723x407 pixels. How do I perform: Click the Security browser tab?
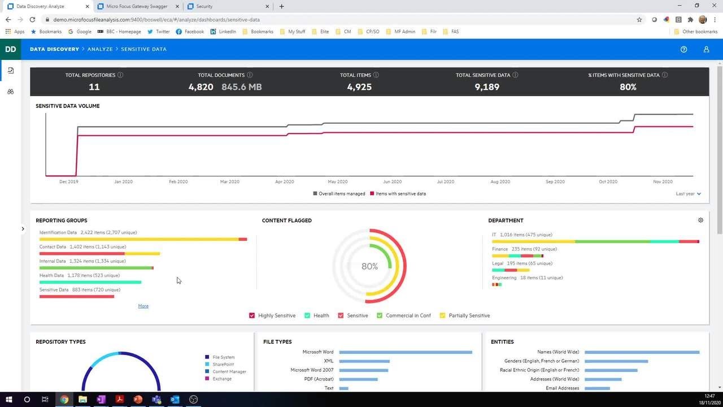click(x=204, y=6)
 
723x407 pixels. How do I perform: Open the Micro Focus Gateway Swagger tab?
click(x=132, y=6)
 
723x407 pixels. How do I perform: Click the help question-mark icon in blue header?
click(x=683, y=49)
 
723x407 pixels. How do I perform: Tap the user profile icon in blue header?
click(x=706, y=49)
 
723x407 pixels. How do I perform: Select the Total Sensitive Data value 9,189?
click(x=486, y=87)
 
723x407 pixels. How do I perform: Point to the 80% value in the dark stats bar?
click(x=628, y=87)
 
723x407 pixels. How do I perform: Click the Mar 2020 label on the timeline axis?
click(x=230, y=182)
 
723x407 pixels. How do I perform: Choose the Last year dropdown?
click(x=688, y=194)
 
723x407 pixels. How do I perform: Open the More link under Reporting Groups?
click(x=143, y=306)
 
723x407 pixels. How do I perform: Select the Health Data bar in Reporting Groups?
click(x=90, y=282)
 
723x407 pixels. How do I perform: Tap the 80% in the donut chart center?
click(x=369, y=266)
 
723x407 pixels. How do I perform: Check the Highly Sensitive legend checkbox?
click(x=252, y=315)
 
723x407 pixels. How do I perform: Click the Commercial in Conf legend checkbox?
click(x=380, y=315)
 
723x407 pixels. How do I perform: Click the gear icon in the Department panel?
click(x=700, y=220)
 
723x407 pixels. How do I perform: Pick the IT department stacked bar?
click(x=595, y=242)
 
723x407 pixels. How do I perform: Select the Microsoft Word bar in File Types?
click(x=406, y=352)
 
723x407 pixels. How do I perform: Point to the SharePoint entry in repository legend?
click(x=223, y=365)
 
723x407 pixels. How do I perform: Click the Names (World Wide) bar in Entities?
click(x=642, y=352)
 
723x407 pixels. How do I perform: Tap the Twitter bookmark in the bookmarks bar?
click(x=159, y=32)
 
